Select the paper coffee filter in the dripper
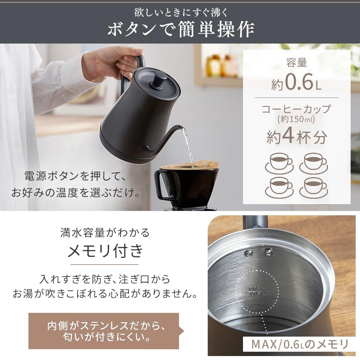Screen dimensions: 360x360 tap(190, 166)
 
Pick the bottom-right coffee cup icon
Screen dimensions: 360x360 tap(314, 188)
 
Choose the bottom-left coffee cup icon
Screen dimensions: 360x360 tap(279, 188)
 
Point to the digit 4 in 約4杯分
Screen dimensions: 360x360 tap(288, 136)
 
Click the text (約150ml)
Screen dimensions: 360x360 tap(296, 120)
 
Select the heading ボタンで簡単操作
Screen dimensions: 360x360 tap(181, 29)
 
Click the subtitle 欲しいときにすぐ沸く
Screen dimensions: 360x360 tap(181, 12)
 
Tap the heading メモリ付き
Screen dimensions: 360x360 tap(105, 251)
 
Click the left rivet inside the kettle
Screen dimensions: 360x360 tap(248, 253)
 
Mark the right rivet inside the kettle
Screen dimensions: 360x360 tap(269, 252)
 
